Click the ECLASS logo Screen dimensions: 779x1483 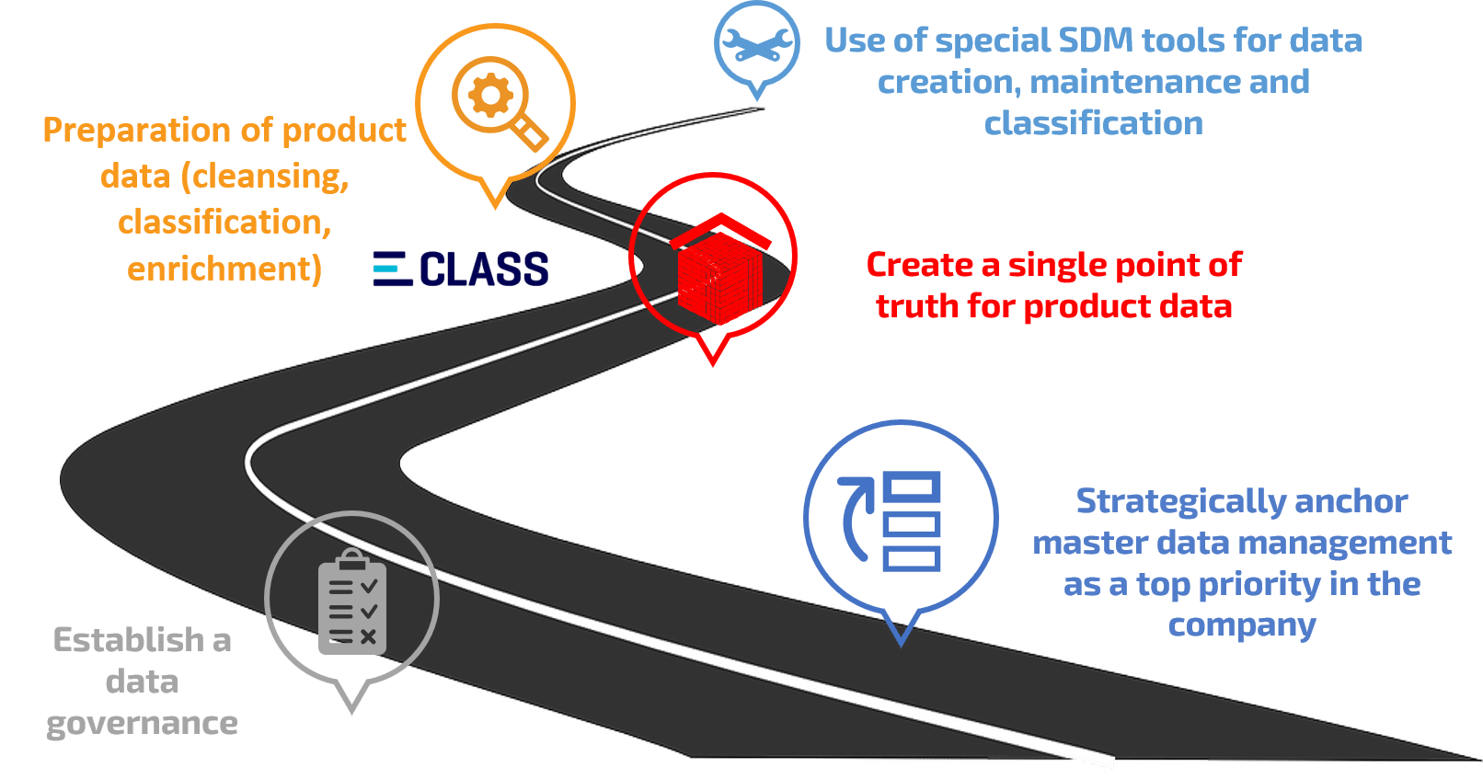pos(461,269)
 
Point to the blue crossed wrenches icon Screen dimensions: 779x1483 pos(756,45)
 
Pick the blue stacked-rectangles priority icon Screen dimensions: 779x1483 pos(911,521)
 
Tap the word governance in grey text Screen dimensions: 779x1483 pos(143,723)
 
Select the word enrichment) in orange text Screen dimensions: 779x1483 pos(224,269)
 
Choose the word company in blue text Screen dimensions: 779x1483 pos(1241,625)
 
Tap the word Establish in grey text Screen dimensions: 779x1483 pos(128,639)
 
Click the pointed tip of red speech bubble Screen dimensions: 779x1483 pos(713,360)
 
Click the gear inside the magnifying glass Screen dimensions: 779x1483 pos(489,94)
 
